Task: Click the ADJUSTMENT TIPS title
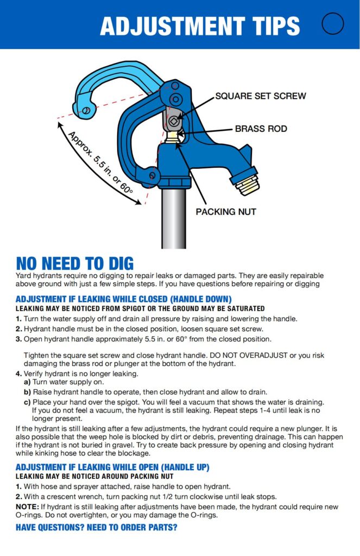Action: (200, 26)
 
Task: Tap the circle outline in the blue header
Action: (332, 23)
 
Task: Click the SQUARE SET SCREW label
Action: (261, 96)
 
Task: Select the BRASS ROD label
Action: (261, 129)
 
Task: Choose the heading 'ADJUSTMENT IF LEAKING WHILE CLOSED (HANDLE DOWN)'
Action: (124, 299)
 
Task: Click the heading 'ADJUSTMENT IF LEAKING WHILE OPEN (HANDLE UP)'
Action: (112, 467)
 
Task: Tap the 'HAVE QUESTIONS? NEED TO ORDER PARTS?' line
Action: (97, 527)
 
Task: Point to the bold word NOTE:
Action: (27, 507)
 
